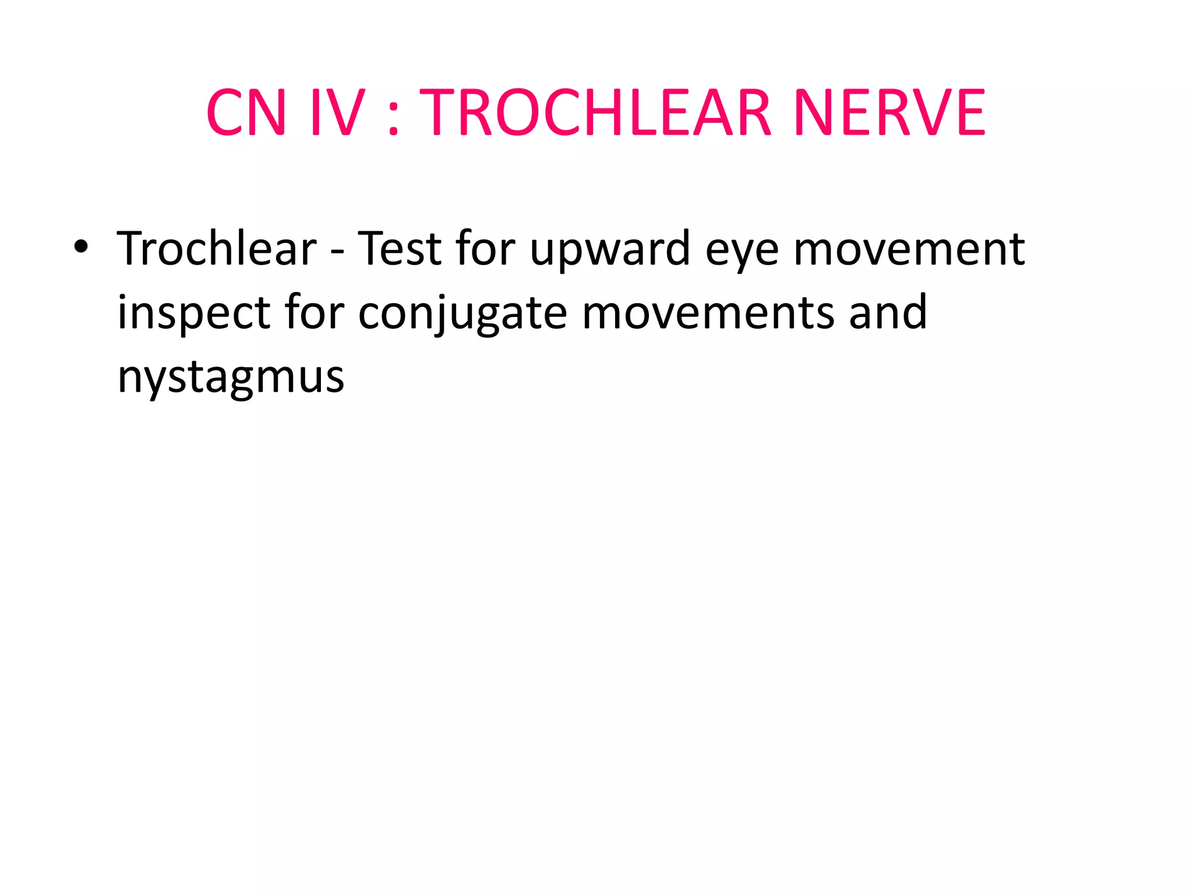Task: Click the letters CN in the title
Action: [x=246, y=112]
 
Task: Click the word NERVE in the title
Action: [x=889, y=112]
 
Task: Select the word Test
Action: [x=399, y=249]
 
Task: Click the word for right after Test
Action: [x=485, y=249]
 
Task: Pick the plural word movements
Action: [x=708, y=313]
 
